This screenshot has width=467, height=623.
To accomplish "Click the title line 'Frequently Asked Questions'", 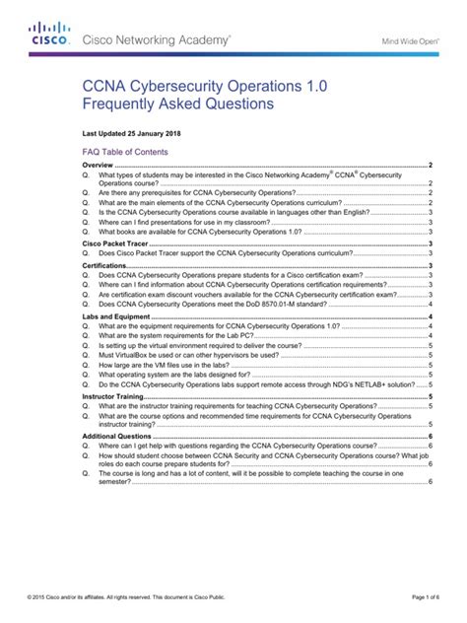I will [180, 104].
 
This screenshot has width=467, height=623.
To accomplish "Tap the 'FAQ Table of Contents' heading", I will [124, 153].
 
